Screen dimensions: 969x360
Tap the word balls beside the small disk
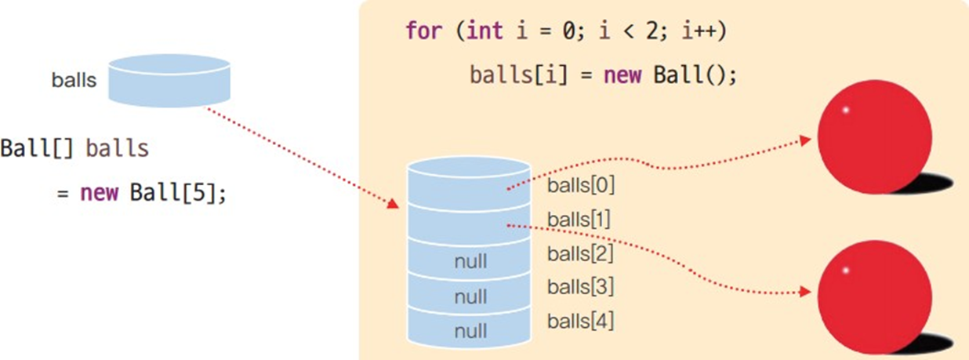click(x=74, y=80)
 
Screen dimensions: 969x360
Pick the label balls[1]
click(x=579, y=219)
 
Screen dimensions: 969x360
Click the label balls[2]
click(x=580, y=253)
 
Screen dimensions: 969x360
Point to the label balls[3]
click(x=580, y=287)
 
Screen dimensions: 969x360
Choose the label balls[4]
click(x=580, y=321)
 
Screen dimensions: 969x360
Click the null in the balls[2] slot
click(x=470, y=261)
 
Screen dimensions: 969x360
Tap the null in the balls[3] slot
click(x=470, y=296)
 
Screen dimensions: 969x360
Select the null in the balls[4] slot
click(x=470, y=331)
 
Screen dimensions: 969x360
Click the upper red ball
click(x=874, y=138)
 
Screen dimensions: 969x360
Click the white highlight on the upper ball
click(x=845, y=111)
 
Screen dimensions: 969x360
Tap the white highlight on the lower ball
click(x=845, y=271)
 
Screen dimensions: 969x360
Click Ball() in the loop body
click(x=690, y=76)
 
